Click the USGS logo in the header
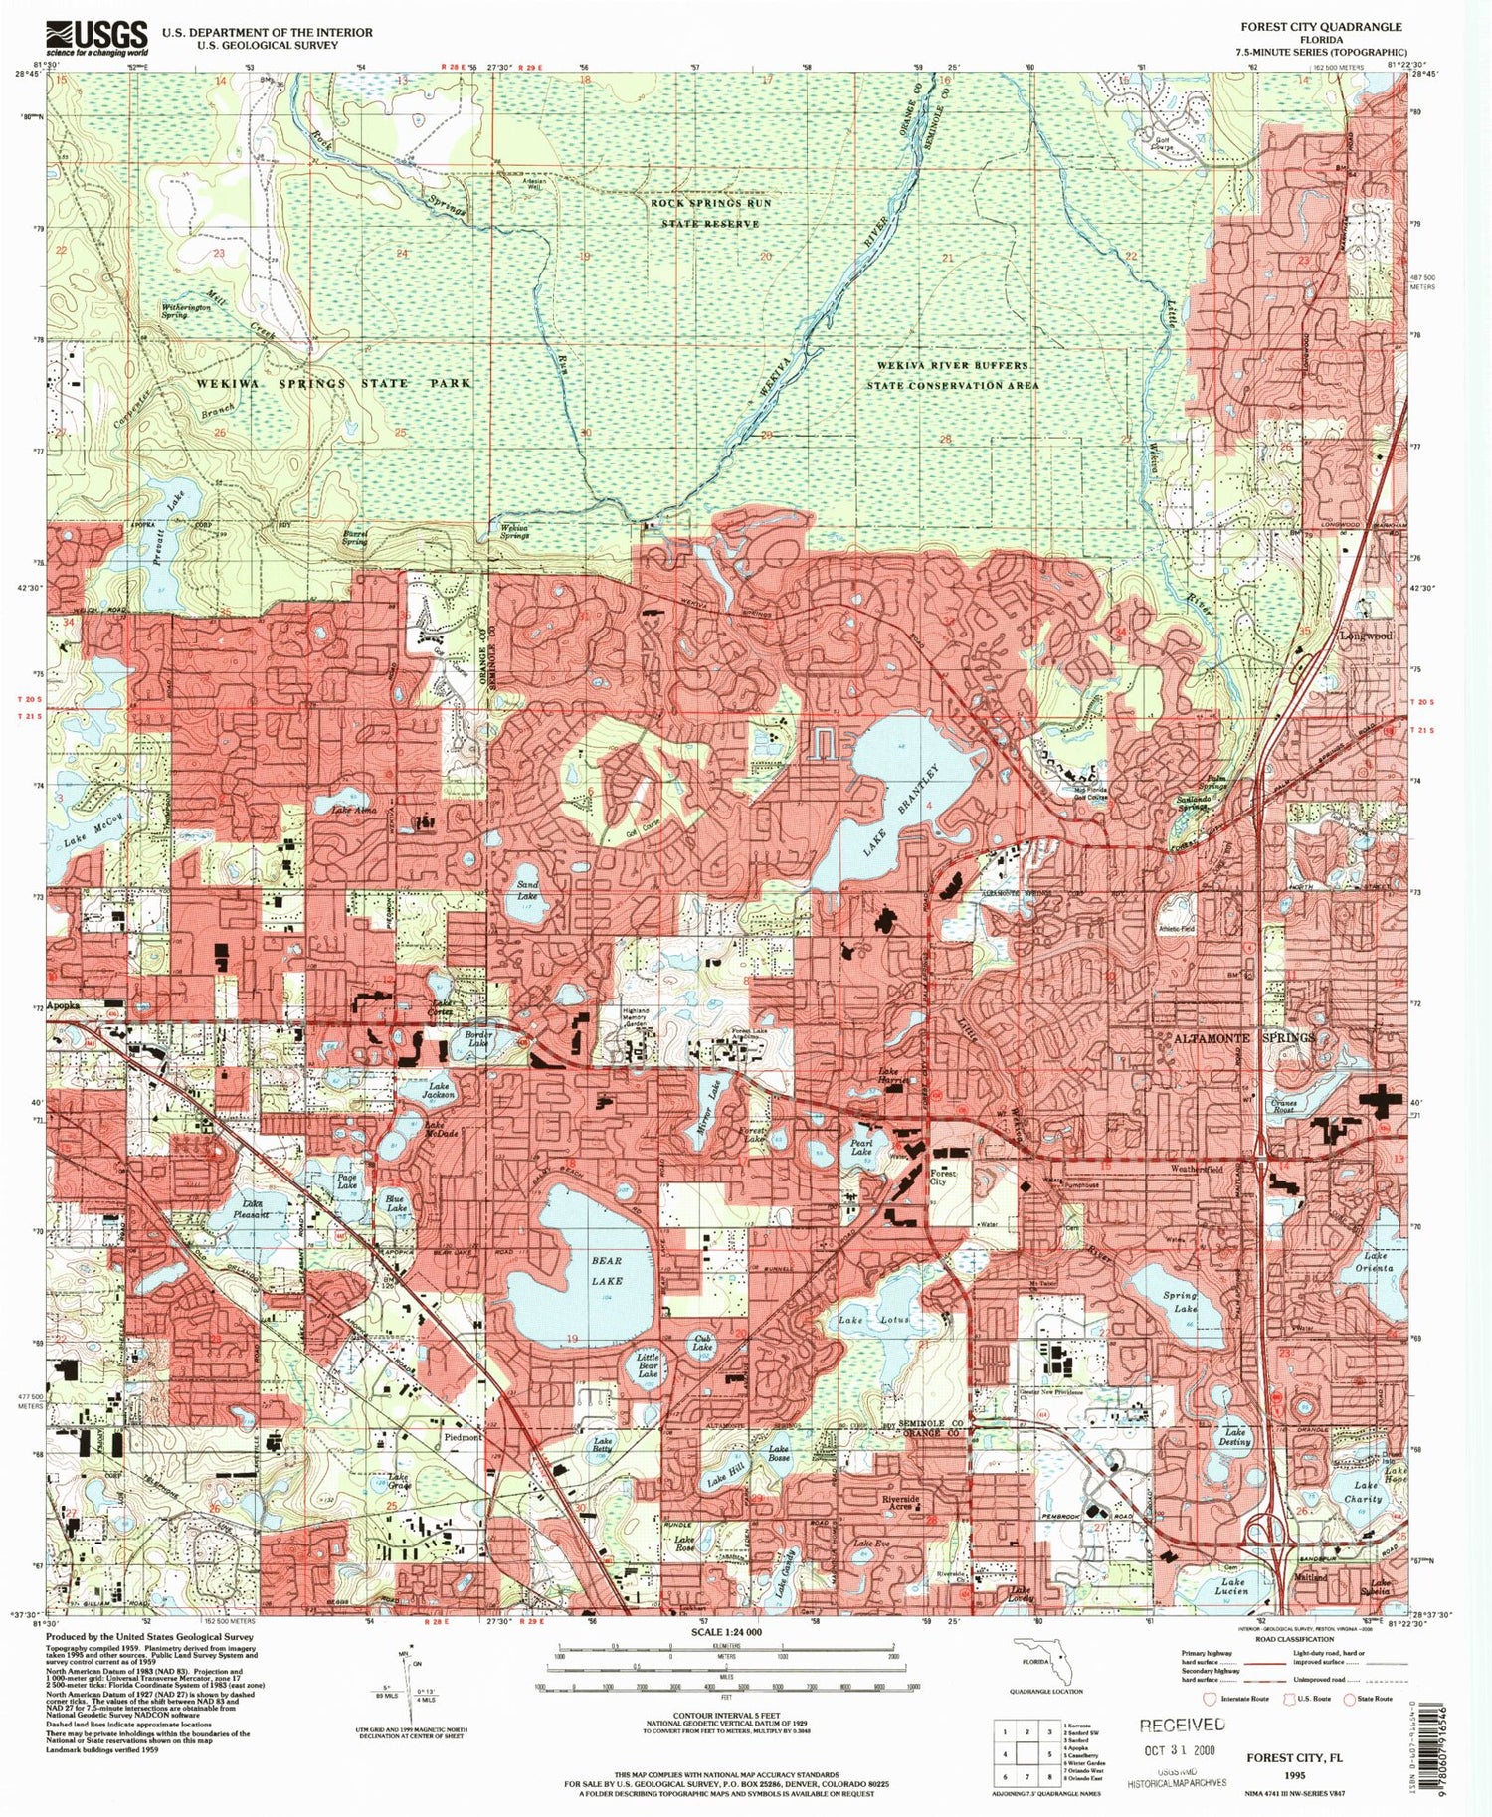[96, 39]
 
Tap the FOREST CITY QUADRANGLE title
[1320, 27]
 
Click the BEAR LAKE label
[606, 1271]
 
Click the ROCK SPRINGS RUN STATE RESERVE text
[710, 213]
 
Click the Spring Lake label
[1180, 1303]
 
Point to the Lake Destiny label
[1234, 1437]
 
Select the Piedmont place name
[462, 1437]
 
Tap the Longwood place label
[1366, 635]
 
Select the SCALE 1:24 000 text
[723, 1633]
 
